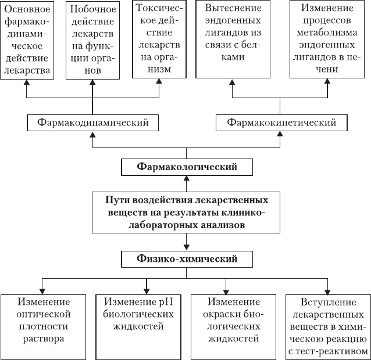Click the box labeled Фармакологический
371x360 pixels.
[187, 167]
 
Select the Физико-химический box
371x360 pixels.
[187, 259]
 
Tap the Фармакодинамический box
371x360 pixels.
[93, 123]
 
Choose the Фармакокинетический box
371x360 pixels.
[281, 123]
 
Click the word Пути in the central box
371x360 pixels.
[117, 200]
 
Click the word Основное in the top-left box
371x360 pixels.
[27, 9]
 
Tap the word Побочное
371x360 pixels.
[93, 9]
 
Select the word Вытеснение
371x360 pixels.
[233, 8]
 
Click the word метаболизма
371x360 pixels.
[327, 33]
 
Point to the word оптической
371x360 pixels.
[44, 315]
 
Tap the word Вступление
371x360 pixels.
[328, 303]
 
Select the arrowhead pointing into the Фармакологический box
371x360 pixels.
[187, 178]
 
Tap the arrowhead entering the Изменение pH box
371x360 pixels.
[147, 291]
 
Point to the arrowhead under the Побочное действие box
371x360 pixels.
[92, 82]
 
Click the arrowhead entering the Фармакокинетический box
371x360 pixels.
[280, 134]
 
